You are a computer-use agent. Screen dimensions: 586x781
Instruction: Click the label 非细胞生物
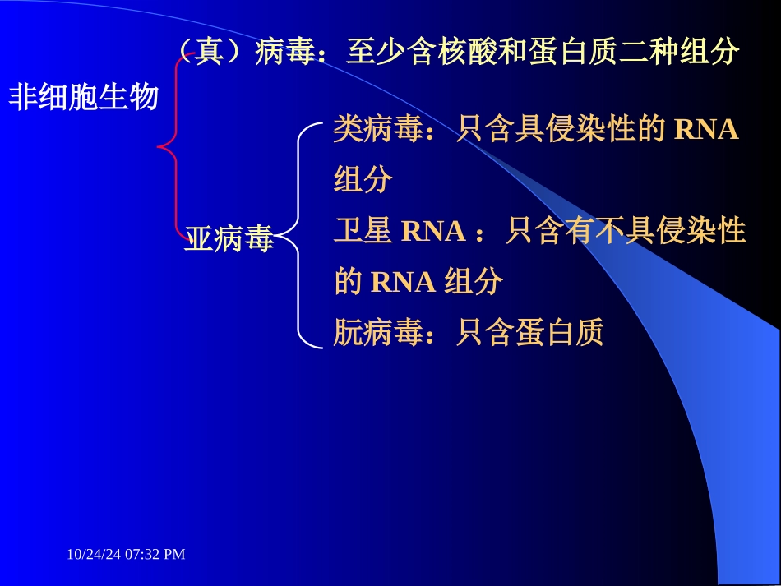pos(83,98)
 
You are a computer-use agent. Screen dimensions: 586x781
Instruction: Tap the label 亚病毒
pos(229,239)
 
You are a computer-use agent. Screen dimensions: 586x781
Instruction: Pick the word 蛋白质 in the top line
pos(571,53)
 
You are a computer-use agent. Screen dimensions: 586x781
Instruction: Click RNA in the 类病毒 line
pos(706,131)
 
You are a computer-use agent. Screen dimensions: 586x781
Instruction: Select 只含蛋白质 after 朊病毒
pos(530,332)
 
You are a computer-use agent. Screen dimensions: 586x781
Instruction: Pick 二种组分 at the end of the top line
pos(678,53)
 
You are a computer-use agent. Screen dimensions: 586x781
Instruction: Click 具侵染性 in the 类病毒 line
pos(575,131)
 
